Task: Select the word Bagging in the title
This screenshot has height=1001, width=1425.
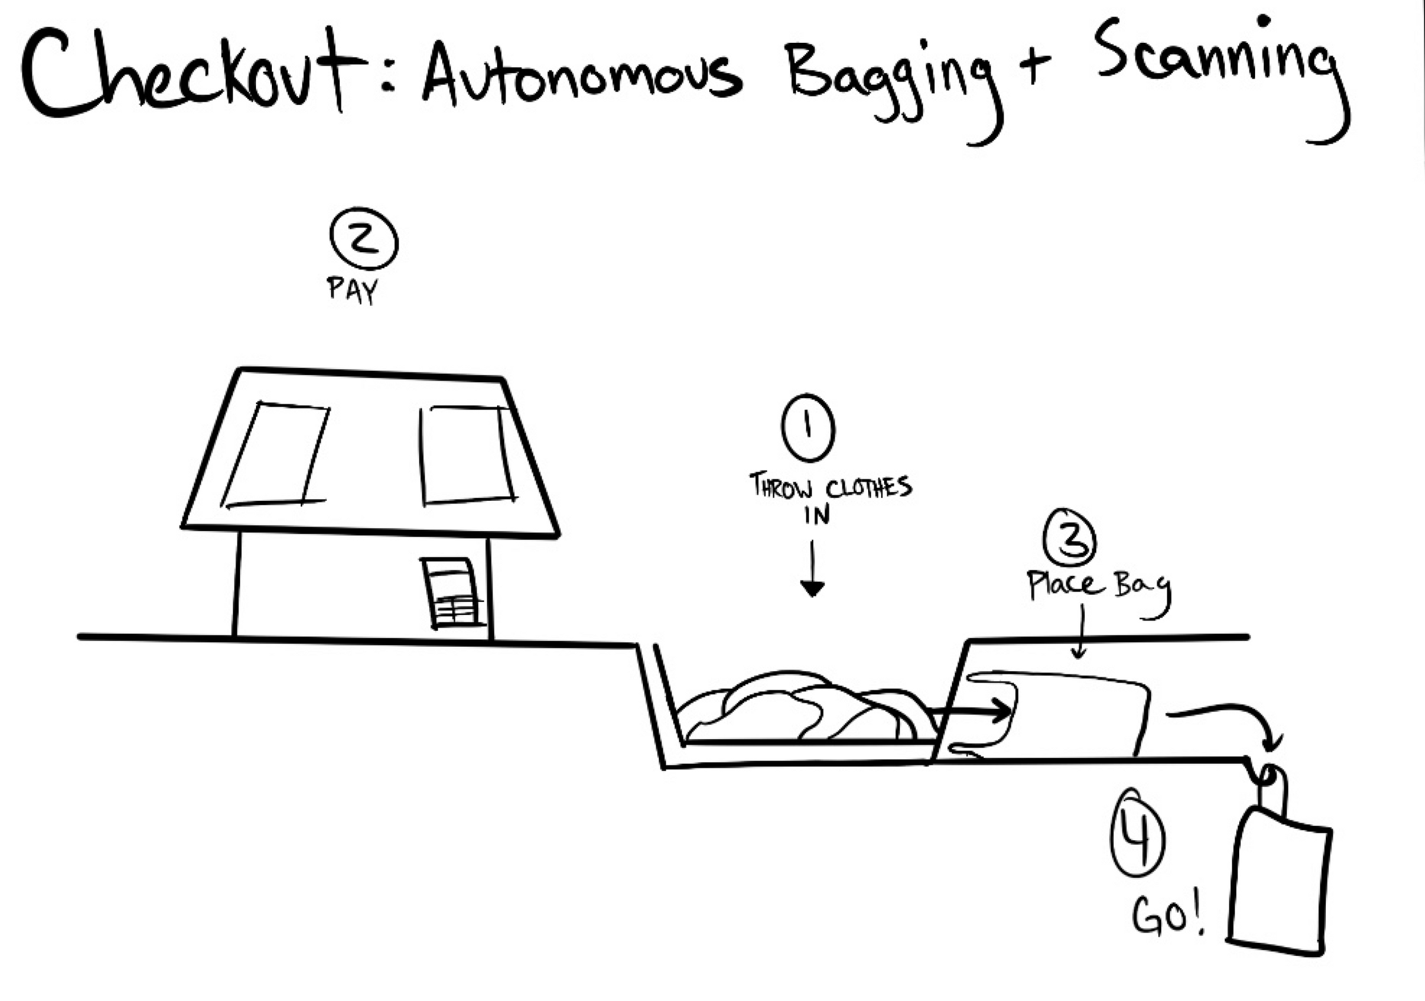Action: (894, 81)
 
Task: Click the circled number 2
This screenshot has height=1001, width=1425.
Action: (364, 242)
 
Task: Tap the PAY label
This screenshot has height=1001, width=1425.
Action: (352, 289)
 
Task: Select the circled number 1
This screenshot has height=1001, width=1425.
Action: (808, 428)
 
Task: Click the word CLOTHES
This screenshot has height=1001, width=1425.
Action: (869, 488)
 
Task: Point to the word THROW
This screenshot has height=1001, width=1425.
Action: (781, 486)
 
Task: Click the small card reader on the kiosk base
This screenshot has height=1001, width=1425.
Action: (453, 594)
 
